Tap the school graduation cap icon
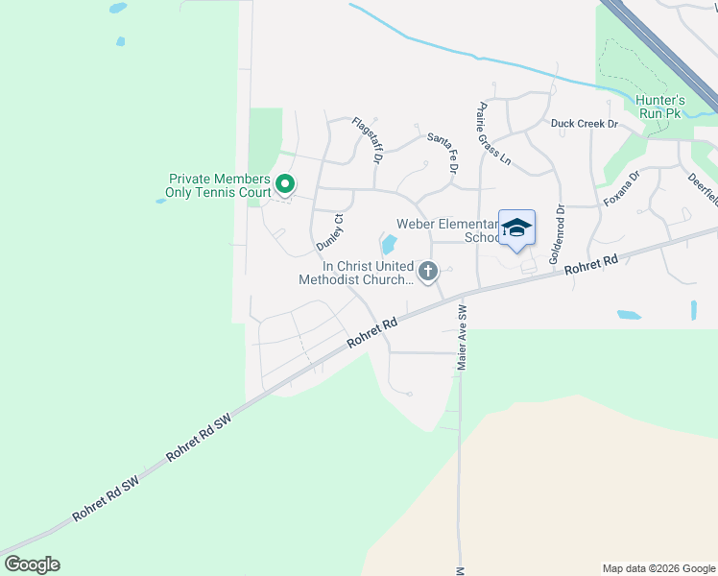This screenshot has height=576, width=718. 516,228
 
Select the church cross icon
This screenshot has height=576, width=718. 428,273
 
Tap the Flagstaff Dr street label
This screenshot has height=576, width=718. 367,140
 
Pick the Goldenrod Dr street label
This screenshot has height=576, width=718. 556,234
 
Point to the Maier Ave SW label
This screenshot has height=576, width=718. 462,338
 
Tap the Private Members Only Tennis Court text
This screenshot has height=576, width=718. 220,185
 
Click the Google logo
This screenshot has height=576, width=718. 32,564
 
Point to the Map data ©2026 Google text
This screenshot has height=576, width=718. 658,568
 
